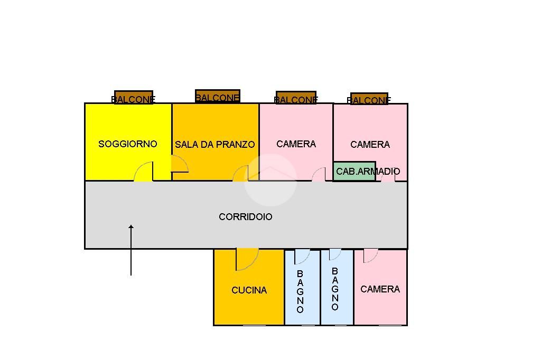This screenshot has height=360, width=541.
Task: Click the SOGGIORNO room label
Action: [128, 144]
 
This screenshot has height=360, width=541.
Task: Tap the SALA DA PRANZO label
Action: [215, 144]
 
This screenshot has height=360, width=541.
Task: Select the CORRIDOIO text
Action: [246, 216]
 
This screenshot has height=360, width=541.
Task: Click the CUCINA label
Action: [249, 290]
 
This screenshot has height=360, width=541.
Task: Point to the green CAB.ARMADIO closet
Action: [355, 172]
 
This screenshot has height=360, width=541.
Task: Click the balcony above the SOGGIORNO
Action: [134, 98]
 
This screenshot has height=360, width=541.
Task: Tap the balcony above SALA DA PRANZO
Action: [218, 97]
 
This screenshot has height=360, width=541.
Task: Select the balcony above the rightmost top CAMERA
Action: [369, 99]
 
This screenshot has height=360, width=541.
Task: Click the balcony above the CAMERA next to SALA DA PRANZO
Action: [296, 98]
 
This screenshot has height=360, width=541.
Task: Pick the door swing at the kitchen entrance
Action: [247, 259]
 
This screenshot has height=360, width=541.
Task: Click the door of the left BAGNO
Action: [302, 256]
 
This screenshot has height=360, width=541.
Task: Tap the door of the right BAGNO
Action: [335, 254]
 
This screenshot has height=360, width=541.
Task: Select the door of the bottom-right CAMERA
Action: [370, 255]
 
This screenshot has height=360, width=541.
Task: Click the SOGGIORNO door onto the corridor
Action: [144, 172]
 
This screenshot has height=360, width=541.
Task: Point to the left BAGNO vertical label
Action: [300, 291]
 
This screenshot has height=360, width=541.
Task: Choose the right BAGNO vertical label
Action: [335, 289]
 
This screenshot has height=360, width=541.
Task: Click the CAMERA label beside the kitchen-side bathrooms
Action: [380, 289]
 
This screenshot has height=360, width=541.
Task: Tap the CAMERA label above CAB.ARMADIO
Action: [370, 144]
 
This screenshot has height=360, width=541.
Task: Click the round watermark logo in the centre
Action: [270, 180]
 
